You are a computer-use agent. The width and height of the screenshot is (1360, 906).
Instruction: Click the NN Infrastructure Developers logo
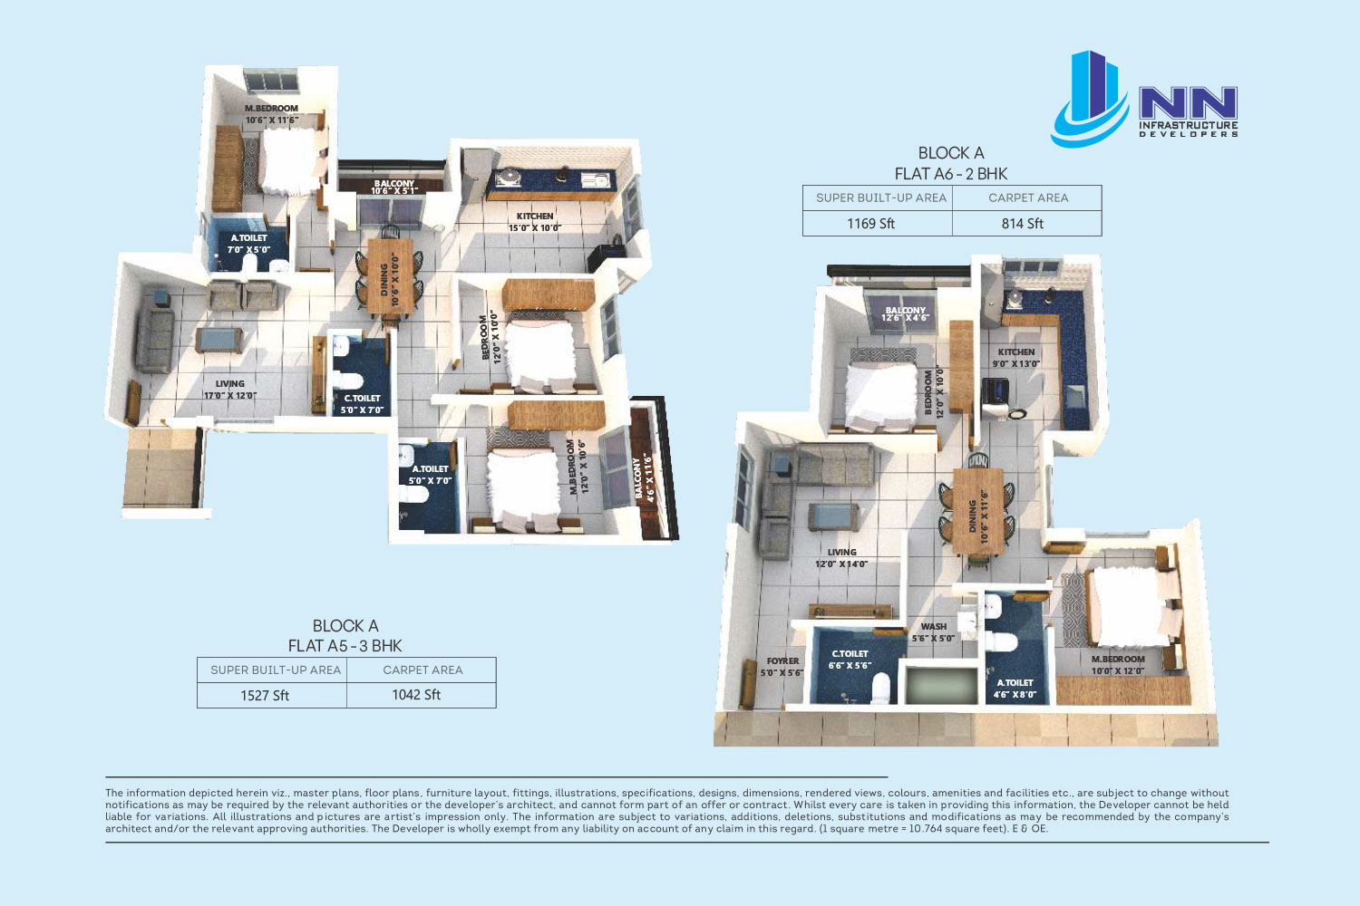pyautogui.click(x=1144, y=99)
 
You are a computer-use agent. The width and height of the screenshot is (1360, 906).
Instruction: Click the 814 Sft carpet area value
pyautogui.click(x=1023, y=223)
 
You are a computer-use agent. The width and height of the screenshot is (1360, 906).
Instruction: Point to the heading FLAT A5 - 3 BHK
pyautogui.click(x=345, y=646)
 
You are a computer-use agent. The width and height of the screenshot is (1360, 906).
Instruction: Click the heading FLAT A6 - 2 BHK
pyautogui.click(x=951, y=174)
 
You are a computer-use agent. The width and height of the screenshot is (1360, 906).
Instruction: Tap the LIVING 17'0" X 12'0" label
pyautogui.click(x=229, y=390)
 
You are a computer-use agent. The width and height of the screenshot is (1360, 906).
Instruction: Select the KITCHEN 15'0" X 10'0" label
pyautogui.click(x=534, y=222)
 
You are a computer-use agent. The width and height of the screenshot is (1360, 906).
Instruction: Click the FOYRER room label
pyautogui.click(x=782, y=660)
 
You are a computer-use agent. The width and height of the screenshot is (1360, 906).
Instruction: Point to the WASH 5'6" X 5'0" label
pyautogui.click(x=933, y=632)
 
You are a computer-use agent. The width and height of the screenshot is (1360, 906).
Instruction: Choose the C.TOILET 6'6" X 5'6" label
pyautogui.click(x=850, y=660)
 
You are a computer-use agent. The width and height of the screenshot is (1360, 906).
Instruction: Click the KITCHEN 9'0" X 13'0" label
pyautogui.click(x=1016, y=358)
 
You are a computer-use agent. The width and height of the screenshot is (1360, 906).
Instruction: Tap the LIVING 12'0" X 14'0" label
pyautogui.click(x=841, y=558)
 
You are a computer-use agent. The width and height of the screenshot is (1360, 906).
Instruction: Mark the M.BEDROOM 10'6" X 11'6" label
pyautogui.click(x=271, y=114)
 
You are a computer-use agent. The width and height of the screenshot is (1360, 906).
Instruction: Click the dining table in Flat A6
pyautogui.click(x=977, y=511)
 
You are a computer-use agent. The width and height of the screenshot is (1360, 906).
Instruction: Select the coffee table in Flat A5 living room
pyautogui.click(x=219, y=340)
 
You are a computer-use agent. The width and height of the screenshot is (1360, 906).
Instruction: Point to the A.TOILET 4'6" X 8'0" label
pyautogui.click(x=1015, y=689)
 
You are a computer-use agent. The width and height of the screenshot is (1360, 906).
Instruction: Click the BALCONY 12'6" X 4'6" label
pyautogui.click(x=905, y=313)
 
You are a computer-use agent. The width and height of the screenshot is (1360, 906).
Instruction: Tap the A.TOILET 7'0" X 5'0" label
pyautogui.click(x=249, y=244)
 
